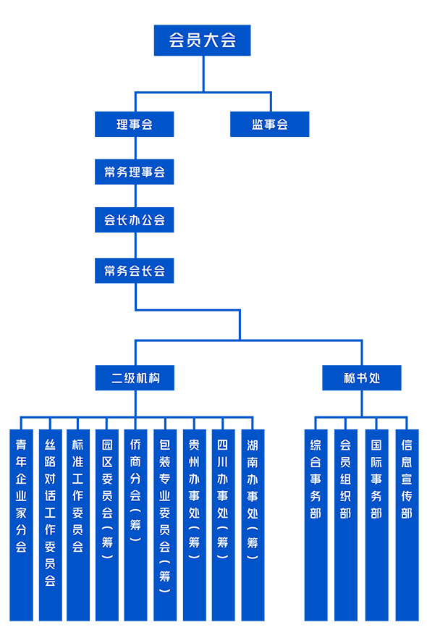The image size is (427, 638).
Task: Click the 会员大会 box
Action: tap(202, 41)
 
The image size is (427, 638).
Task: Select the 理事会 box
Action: tap(134, 124)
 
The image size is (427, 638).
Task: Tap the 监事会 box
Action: tap(270, 124)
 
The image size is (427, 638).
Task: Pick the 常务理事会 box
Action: tap(134, 172)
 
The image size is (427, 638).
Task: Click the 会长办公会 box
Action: tap(134, 219)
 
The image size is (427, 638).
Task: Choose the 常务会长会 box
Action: tap(134, 271)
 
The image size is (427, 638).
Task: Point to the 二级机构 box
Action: tap(135, 378)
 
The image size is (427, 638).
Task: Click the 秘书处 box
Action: tap(362, 378)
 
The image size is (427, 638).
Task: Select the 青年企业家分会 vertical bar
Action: tap(21, 525)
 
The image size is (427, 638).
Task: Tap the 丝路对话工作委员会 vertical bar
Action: tap(51, 525)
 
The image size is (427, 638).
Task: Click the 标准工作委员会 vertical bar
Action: tap(78, 525)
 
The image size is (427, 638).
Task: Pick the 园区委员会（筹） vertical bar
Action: tap(107, 525)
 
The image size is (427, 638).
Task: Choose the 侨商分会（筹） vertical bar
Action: tap(135, 525)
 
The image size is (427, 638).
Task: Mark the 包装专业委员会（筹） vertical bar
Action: tap(165, 525)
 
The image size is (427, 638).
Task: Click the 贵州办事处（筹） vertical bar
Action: tap(195, 525)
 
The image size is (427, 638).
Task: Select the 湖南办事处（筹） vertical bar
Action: tap(253, 525)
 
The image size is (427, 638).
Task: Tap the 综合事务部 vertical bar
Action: tap(316, 525)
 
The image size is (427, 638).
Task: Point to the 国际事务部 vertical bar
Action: tap(376, 525)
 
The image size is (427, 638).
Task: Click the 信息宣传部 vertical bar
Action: tap(407, 525)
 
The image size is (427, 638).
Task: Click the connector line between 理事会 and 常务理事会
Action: tap(135, 148)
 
